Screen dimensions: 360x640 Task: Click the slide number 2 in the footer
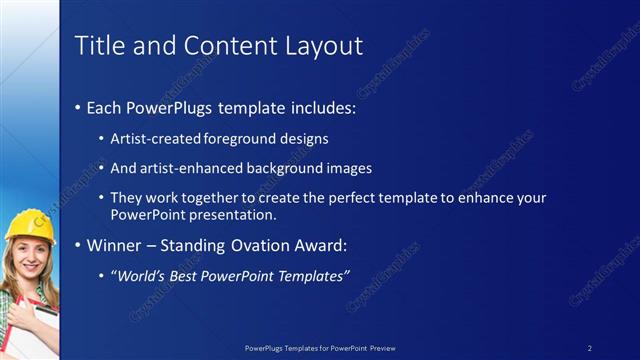point(590,347)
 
